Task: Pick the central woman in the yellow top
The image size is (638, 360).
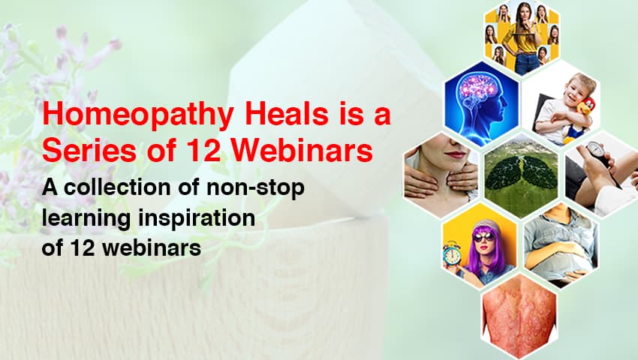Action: point(522,37)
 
